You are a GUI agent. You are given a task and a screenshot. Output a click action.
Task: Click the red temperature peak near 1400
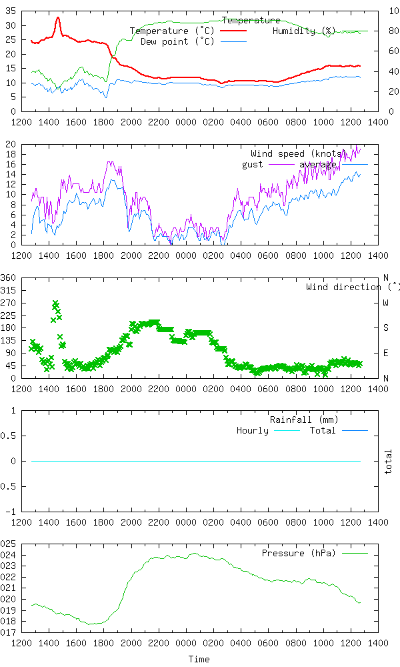click(x=58, y=18)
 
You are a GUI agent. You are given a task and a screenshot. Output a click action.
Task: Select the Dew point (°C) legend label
click(x=177, y=41)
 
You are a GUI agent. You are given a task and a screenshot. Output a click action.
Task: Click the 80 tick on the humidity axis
click(x=393, y=31)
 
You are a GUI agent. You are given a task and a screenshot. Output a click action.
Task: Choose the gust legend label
click(x=252, y=164)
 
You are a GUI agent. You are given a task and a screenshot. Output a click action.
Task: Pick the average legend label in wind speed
click(x=317, y=164)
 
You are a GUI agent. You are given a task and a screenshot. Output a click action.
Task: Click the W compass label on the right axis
click(x=385, y=303)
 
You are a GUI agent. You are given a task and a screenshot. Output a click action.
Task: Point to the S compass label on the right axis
click(x=385, y=327)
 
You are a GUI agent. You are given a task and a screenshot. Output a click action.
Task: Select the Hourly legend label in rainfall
click(x=252, y=430)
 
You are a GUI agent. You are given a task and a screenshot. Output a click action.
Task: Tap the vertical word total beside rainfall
click(x=389, y=462)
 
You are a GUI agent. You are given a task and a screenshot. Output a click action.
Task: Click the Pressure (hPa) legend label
click(x=299, y=554)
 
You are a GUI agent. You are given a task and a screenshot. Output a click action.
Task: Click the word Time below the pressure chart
click(x=199, y=659)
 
